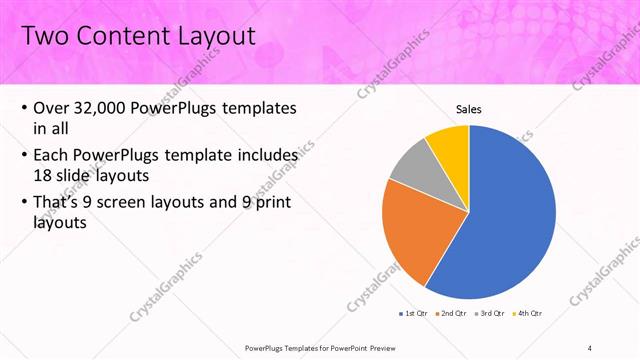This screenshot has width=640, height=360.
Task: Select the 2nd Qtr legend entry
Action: coord(453,315)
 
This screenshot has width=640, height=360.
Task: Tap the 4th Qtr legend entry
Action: coord(527,315)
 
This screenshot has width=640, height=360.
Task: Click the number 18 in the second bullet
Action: coord(44,176)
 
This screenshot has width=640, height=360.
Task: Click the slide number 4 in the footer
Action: coord(590,348)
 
